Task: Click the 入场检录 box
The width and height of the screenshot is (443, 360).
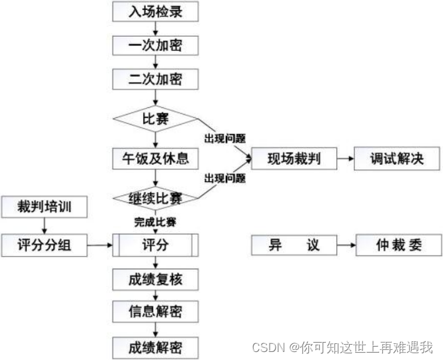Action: [x=155, y=11]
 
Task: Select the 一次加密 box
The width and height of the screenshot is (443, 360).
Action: [x=155, y=45]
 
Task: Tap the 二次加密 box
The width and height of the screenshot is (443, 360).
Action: [x=155, y=80]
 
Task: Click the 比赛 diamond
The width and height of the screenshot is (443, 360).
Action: [x=155, y=120]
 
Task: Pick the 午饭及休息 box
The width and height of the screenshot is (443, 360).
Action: [x=155, y=159]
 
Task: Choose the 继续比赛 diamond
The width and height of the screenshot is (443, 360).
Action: [x=155, y=198]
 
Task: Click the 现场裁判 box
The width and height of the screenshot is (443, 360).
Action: [x=292, y=159]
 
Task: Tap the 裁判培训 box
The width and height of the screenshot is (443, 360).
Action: [x=44, y=207]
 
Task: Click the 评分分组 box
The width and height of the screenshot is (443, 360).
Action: [x=44, y=245]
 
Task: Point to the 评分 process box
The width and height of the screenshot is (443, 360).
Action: [x=155, y=245]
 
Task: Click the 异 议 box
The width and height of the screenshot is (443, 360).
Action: [x=294, y=245]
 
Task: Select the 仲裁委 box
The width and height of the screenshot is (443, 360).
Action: [x=399, y=245]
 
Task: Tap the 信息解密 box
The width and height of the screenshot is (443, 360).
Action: [x=155, y=312]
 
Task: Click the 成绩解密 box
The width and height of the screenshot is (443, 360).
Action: [x=155, y=347]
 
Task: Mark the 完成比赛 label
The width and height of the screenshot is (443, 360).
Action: [x=155, y=221]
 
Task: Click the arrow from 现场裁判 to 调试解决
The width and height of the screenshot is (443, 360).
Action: [x=344, y=159]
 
